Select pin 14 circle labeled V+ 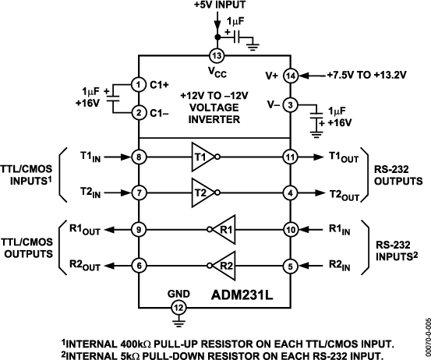coord(291,76)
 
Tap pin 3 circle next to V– coord(291,105)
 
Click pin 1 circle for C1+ coord(139,85)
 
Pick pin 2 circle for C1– coord(139,113)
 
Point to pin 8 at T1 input coord(139,157)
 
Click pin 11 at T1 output coord(291,157)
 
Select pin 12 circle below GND coord(178,308)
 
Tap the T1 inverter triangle coord(203,157)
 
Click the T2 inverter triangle coord(203,193)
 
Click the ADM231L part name coord(242,295)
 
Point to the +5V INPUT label coord(220,5)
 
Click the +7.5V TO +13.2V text coord(366,75)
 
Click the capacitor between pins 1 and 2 coord(113,99)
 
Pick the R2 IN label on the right coord(340,266)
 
